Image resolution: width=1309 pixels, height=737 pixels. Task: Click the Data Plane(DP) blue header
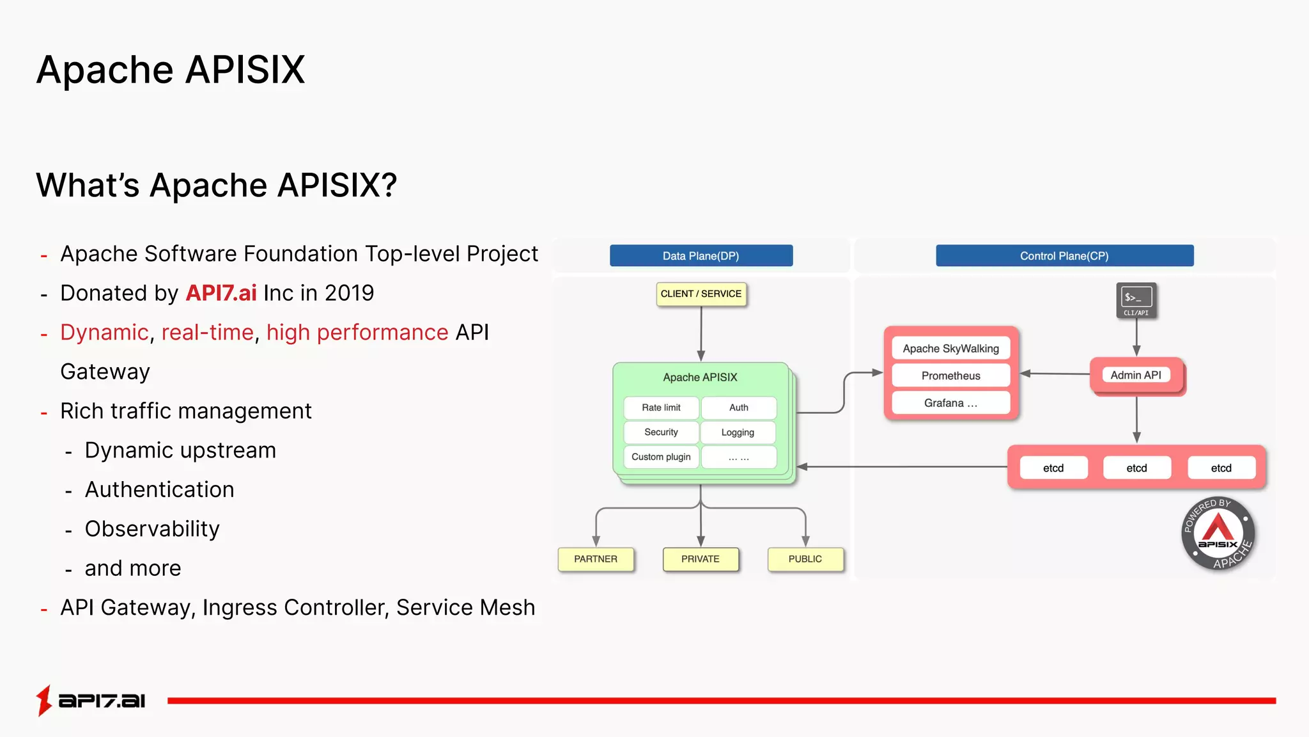701,256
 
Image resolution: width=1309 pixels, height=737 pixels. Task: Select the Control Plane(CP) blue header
1064,256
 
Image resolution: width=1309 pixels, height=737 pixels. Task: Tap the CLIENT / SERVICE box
701,294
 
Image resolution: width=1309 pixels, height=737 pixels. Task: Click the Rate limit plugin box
661,408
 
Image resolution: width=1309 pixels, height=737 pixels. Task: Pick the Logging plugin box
738,432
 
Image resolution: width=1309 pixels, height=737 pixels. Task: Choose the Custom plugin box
661,457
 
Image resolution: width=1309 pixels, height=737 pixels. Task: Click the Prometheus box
950,376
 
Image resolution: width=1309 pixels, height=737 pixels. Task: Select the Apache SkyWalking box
950,349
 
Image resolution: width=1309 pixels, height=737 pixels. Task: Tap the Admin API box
1136,376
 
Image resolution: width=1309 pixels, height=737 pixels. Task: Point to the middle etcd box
1136,468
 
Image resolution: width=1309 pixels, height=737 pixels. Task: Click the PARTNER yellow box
596,559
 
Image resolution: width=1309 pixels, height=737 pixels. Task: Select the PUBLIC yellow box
805,559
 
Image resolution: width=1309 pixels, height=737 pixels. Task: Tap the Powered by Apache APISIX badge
1218,534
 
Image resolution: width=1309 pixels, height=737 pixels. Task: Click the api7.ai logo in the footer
91,701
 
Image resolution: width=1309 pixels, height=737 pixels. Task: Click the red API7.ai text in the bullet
221,293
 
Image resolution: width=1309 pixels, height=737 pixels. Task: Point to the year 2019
349,293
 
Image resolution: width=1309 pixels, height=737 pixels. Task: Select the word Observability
152,529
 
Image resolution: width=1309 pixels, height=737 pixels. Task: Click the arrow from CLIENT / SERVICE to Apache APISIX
701,333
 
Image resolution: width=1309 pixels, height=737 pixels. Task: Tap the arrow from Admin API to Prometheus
1055,374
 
